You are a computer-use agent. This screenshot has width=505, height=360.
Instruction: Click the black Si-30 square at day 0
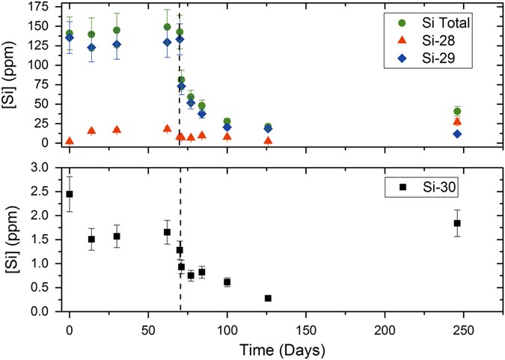(x=70, y=194)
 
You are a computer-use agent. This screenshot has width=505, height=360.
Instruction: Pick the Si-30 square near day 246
(x=457, y=223)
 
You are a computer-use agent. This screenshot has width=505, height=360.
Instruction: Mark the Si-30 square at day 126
(x=268, y=298)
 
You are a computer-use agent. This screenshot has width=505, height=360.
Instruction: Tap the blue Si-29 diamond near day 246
(x=457, y=134)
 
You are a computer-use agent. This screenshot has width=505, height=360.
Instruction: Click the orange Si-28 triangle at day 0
(x=70, y=141)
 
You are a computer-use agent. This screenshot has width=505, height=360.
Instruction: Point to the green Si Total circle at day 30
(x=117, y=31)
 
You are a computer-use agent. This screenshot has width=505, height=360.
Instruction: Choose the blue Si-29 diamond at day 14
(x=91, y=48)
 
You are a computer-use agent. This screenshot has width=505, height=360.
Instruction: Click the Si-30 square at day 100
(x=227, y=282)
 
